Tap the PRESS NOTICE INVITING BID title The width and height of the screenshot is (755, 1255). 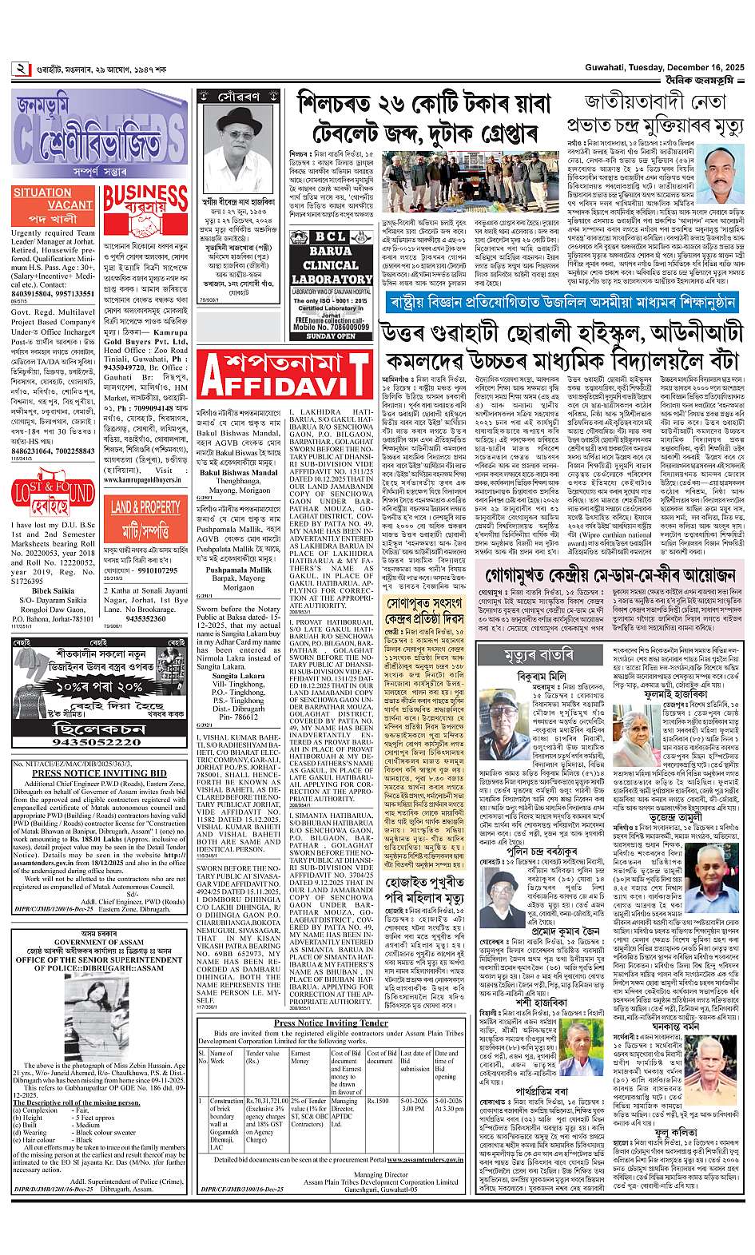100,773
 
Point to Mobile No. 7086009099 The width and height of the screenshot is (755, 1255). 331,328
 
